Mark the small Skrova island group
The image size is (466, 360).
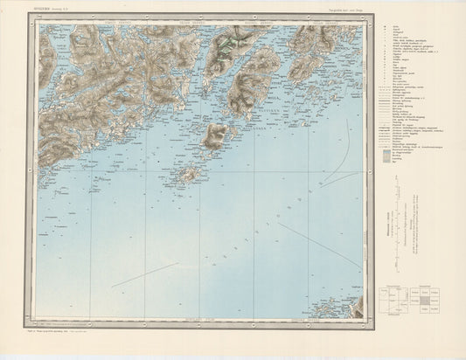(x=184, y=174)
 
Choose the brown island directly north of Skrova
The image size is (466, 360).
(x=215, y=135)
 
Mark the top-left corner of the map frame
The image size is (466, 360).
(x=37, y=24)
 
